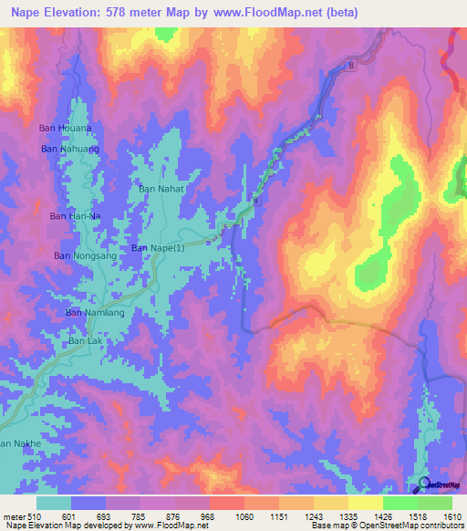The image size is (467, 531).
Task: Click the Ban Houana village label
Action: click(65, 129)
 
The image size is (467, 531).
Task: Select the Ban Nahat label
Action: click(161, 188)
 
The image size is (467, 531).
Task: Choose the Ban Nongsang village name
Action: click(81, 256)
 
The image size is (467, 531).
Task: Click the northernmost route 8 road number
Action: click(349, 66)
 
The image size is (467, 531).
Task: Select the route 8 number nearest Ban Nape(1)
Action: click(256, 201)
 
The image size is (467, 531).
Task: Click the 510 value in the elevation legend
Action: click(34, 516)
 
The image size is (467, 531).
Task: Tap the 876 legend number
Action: click(173, 516)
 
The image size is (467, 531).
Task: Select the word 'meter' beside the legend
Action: click(13, 516)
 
